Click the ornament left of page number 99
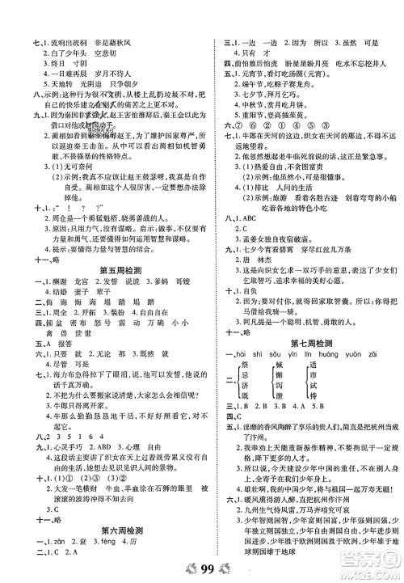183,566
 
